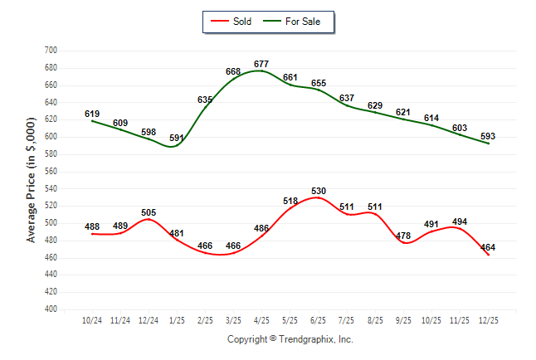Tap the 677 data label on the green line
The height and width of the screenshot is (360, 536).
point(261,64)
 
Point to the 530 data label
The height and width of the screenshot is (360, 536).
point(319,191)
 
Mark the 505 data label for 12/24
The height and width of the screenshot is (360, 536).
point(148,212)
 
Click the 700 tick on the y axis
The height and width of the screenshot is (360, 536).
point(50,51)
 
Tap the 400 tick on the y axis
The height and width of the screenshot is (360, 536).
point(50,309)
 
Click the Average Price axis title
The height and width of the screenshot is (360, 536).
point(32,180)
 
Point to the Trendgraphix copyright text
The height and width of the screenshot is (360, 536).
point(290,339)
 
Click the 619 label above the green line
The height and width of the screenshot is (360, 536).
point(92,114)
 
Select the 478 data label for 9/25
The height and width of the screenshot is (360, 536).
point(403,236)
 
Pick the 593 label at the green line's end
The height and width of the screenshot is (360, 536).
point(488,136)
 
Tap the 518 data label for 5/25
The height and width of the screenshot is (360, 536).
point(290,201)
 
